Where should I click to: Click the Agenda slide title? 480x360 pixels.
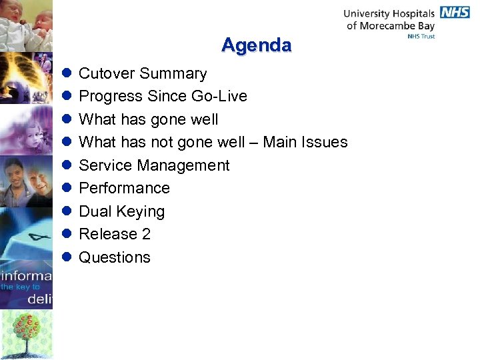(x=256, y=45)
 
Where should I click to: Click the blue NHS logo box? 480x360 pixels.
(x=454, y=13)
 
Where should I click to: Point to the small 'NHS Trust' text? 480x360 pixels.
(x=421, y=37)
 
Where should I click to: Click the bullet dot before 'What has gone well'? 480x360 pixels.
(x=67, y=119)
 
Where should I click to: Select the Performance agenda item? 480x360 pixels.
(x=124, y=188)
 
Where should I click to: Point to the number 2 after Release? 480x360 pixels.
(x=146, y=234)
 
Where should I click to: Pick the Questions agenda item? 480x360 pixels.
(x=115, y=257)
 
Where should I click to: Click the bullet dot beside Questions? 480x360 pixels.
(x=67, y=257)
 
